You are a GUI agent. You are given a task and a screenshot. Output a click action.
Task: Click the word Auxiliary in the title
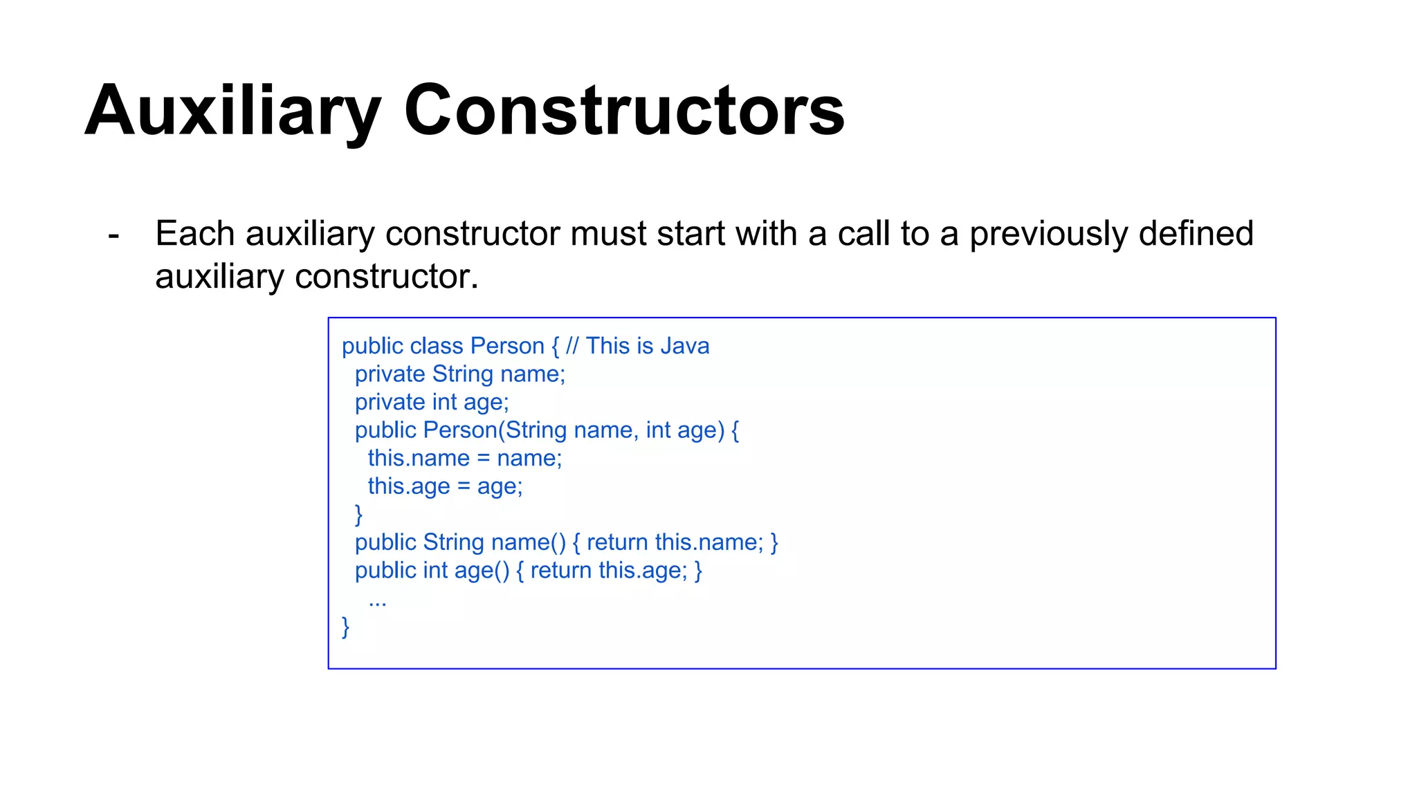(x=232, y=111)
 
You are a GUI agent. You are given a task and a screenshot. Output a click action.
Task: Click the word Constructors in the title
(x=624, y=111)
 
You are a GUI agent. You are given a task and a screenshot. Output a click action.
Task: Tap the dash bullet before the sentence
(x=114, y=235)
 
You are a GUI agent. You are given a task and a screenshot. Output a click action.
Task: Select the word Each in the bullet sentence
(x=194, y=234)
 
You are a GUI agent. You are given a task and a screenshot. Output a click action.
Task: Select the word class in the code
(x=427, y=346)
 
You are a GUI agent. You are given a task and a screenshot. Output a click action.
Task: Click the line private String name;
(x=460, y=374)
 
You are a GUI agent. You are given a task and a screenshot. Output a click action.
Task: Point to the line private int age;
(x=432, y=403)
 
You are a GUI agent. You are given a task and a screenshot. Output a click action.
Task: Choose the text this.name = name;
(x=465, y=459)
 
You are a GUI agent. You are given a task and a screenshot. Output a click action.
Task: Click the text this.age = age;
(x=445, y=486)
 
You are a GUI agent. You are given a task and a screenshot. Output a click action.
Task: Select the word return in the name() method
(x=617, y=542)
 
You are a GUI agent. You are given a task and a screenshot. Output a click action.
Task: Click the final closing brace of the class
(x=346, y=627)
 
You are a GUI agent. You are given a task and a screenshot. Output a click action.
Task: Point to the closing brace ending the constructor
(x=358, y=514)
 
